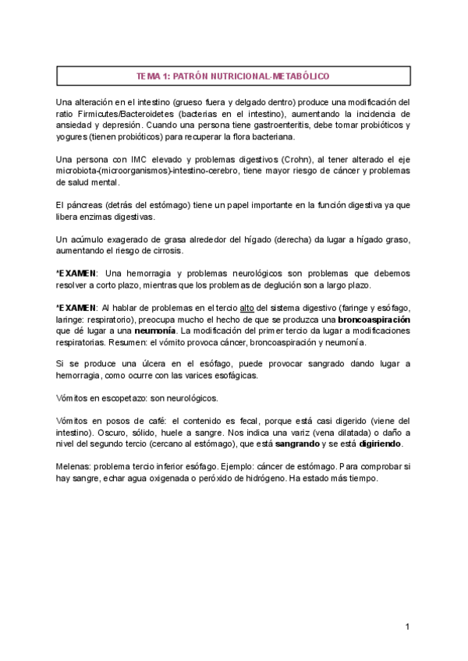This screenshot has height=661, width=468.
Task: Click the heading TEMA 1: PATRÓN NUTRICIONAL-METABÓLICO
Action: [x=233, y=76]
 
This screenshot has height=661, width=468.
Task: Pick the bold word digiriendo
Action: [x=375, y=443]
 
